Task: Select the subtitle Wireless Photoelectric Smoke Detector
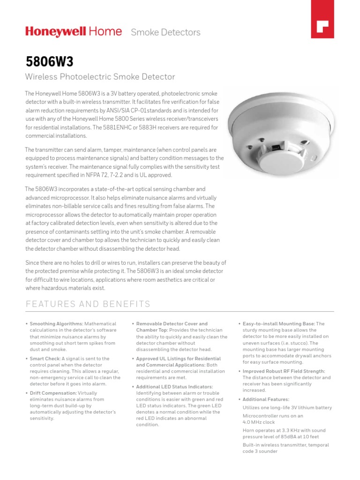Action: pyautogui.click(x=100, y=77)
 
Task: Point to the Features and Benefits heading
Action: pyautogui.click(x=88, y=304)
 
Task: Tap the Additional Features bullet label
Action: pyautogui.click(x=266, y=399)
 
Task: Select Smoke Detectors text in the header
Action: pyautogui.click(x=165, y=32)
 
